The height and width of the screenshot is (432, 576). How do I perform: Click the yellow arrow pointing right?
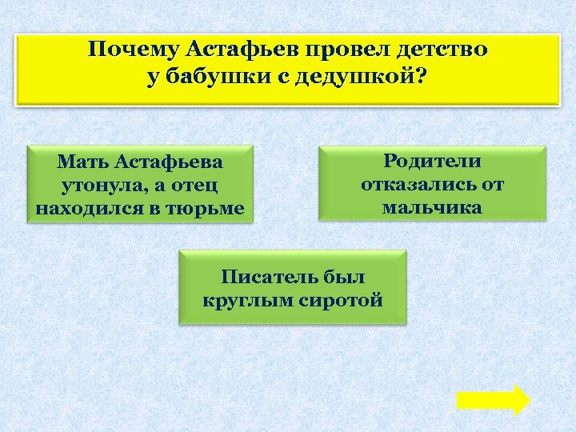(494, 399)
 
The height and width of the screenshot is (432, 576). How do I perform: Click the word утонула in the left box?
(104, 186)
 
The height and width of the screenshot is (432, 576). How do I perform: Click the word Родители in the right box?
(432, 161)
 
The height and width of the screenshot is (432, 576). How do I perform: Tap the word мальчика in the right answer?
(432, 208)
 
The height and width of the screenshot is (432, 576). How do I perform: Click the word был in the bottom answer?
(345, 278)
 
